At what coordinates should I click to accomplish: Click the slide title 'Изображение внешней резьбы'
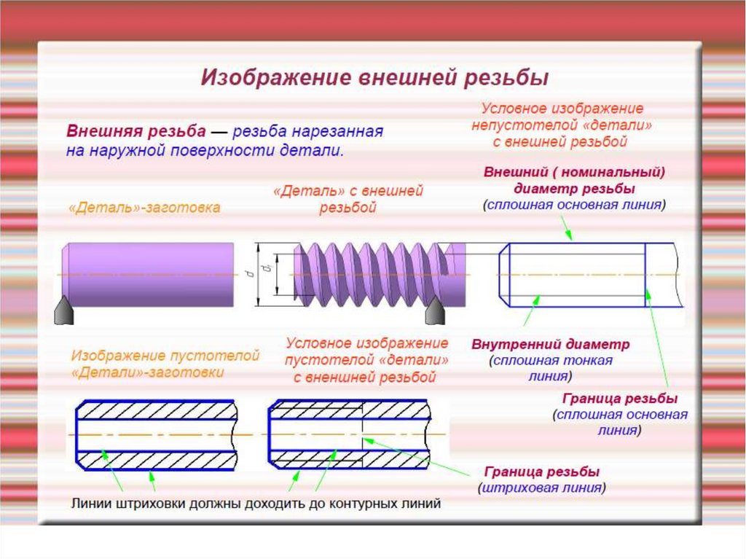coord(374,77)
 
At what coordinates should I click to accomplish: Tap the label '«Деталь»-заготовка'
coord(144,208)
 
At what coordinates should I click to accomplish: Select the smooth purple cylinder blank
coord(149,274)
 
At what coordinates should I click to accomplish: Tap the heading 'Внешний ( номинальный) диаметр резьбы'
coord(574,180)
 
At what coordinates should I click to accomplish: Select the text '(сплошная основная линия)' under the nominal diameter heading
coord(574,205)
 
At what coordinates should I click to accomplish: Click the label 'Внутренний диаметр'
coord(550,343)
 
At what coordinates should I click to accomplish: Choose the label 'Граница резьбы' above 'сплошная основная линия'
coord(620,399)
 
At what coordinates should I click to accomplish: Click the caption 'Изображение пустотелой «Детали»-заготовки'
coord(165,364)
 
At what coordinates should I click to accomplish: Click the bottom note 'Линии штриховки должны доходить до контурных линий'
coord(256,504)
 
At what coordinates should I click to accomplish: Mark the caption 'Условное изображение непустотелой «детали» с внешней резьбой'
coord(559,125)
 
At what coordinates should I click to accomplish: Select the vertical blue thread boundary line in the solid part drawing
coord(645,274)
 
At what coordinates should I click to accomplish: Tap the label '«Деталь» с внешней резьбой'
coord(348,199)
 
